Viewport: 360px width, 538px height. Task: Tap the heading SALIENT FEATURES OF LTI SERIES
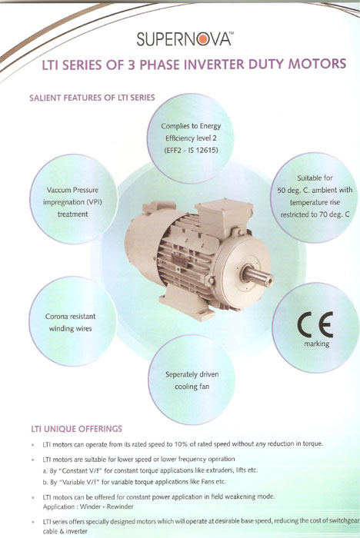click(92, 98)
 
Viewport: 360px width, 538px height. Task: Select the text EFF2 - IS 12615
click(191, 151)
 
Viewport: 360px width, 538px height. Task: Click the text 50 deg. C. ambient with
click(315, 190)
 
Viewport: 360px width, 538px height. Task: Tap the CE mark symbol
click(315, 325)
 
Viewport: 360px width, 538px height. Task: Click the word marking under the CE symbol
click(316, 344)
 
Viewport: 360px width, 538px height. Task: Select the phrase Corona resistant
click(71, 317)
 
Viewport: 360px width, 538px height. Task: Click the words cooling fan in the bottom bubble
click(192, 387)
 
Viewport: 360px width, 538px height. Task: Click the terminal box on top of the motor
click(224, 213)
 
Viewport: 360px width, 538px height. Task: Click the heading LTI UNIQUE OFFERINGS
click(77, 429)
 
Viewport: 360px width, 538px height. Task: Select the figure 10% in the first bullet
click(181, 444)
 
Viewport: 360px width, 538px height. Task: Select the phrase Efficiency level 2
click(191, 138)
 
